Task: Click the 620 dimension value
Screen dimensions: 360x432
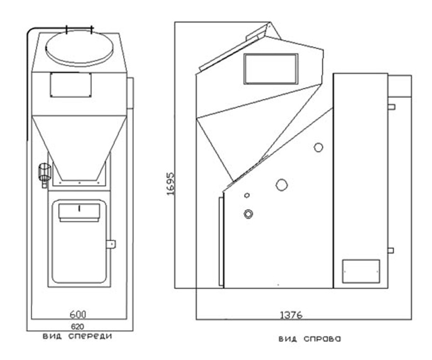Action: click(79, 326)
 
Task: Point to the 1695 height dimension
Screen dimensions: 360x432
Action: click(171, 184)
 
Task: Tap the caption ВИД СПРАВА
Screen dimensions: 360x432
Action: click(309, 339)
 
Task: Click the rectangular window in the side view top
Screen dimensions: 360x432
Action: click(271, 69)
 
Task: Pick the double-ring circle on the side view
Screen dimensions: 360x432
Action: click(248, 214)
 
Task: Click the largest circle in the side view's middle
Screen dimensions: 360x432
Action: click(281, 185)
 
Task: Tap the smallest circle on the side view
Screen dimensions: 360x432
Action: click(247, 195)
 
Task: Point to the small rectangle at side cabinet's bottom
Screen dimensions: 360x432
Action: click(361, 271)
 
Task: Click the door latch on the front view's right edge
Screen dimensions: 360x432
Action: click(112, 244)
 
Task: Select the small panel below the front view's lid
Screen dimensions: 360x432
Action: click(71, 85)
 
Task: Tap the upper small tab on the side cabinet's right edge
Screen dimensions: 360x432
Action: click(391, 106)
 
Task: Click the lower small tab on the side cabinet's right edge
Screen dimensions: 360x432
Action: click(391, 250)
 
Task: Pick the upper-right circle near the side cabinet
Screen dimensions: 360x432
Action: click(318, 147)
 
